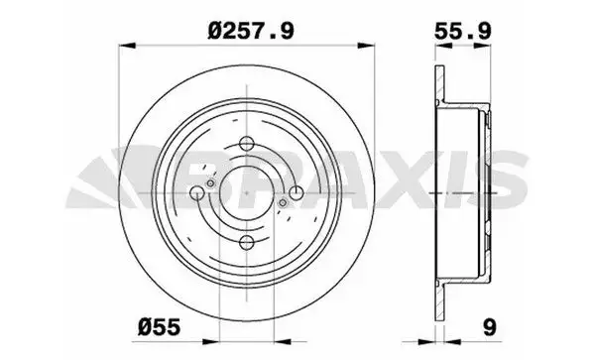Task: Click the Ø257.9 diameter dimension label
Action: tap(251, 31)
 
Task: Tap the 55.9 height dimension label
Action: tap(462, 31)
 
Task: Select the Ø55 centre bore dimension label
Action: tap(159, 326)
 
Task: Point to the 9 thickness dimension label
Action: tap(490, 326)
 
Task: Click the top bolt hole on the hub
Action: tap(247, 144)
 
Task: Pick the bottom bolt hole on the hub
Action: tap(247, 242)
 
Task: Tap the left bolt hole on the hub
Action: tap(197, 193)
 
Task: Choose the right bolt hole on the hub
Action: tap(296, 192)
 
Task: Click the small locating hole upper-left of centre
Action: tap(210, 183)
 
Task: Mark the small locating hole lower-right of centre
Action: tap(283, 203)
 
